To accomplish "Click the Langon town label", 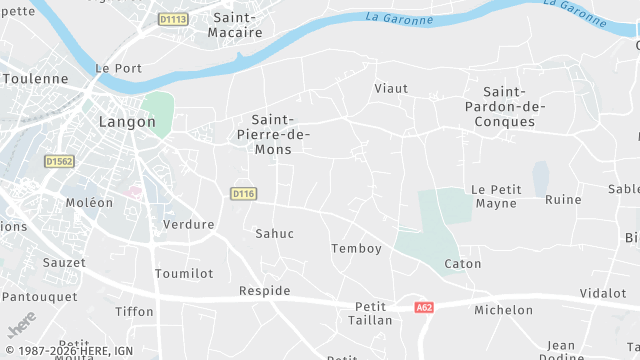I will (x=127, y=122).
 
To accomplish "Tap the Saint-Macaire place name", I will (x=235, y=25).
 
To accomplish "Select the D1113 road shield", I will (x=173, y=19).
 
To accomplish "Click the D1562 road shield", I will (x=60, y=160).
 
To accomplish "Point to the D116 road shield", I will (x=243, y=193).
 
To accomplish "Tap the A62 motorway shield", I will (x=423, y=308).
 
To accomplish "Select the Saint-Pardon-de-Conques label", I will (x=506, y=107).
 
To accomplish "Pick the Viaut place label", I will (x=391, y=88).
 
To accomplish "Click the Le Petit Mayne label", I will (x=496, y=196).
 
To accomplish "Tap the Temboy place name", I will (x=356, y=248).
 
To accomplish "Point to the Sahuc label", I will (x=275, y=233).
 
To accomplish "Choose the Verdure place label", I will (x=188, y=224).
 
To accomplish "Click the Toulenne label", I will (x=35, y=78).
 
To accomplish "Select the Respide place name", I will (x=265, y=291).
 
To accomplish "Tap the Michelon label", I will (x=503, y=310).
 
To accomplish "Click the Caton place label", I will (x=463, y=264).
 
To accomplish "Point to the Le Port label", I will (x=118, y=68).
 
